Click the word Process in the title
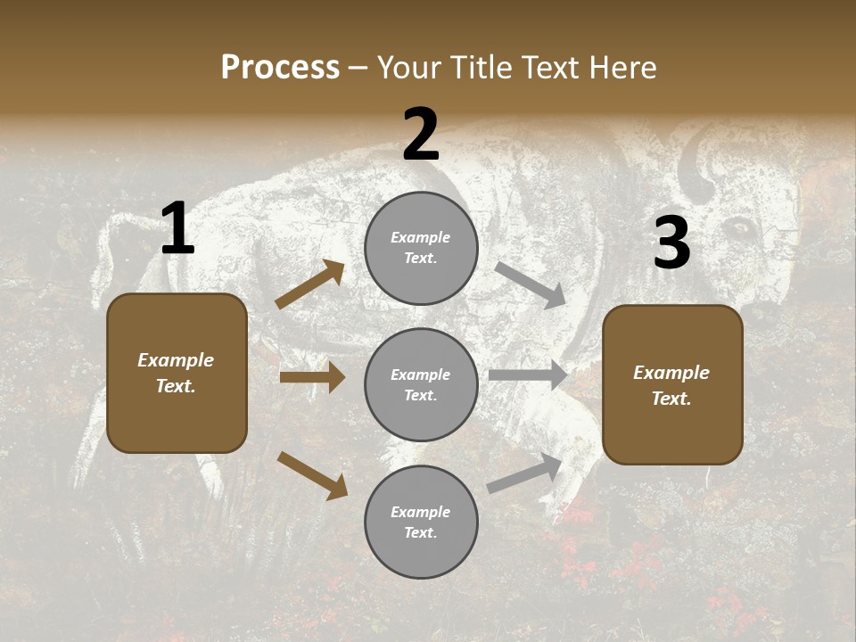pos(280,68)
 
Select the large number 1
pos(177,229)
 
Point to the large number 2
pos(421,135)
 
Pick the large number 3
pos(671,243)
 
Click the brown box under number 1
pos(177,373)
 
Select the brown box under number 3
pos(672,384)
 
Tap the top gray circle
pos(421,248)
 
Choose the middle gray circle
pos(421,384)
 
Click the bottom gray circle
pos(421,522)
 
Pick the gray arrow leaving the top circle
pos(531,284)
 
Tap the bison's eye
pos(740,229)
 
